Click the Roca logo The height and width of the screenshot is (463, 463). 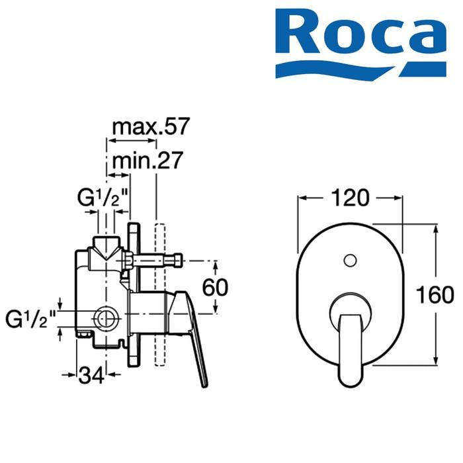[x=360, y=44]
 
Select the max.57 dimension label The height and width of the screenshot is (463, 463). [x=150, y=126]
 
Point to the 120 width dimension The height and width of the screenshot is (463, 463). [x=350, y=198]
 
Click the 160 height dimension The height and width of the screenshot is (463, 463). [x=435, y=294]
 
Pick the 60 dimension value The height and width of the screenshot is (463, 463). [x=215, y=286]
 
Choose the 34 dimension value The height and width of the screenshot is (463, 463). [x=91, y=375]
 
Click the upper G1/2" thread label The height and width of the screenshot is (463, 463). [x=102, y=198]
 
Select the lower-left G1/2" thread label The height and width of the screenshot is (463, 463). [x=30, y=319]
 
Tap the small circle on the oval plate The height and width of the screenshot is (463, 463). [x=350, y=261]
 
